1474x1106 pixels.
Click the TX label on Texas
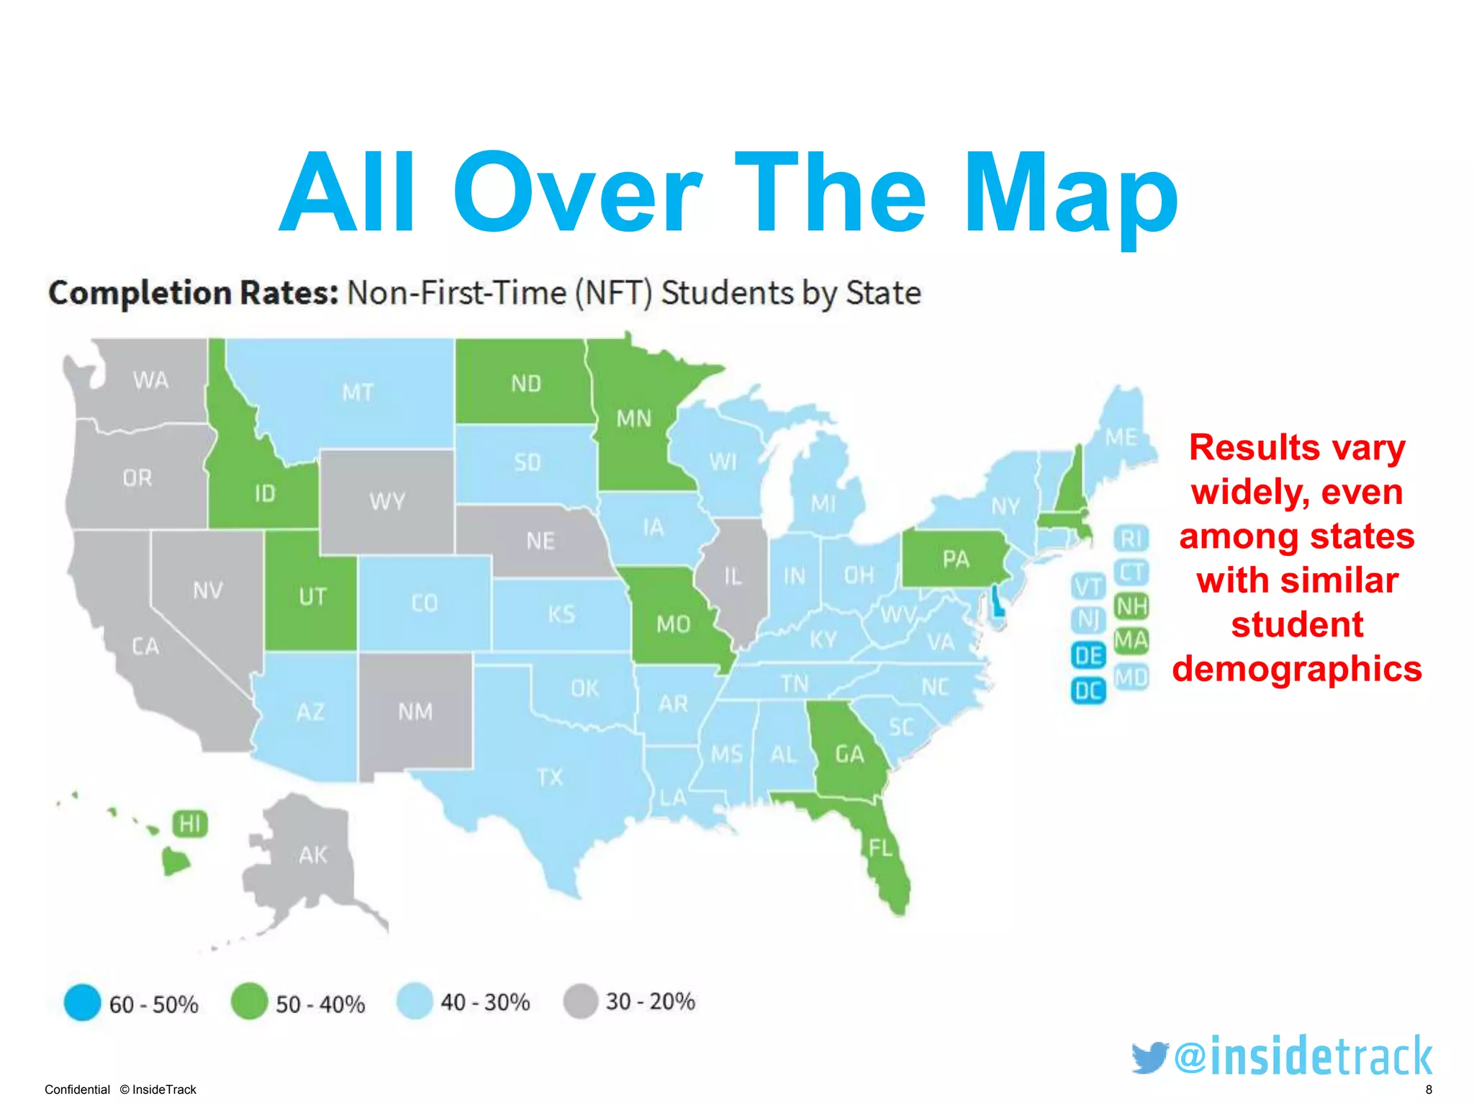click(550, 778)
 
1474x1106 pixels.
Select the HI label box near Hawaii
click(190, 824)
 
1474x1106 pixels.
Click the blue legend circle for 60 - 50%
click(83, 1002)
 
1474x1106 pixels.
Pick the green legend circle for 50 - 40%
click(249, 1002)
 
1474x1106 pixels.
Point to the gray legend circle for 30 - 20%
click(580, 1002)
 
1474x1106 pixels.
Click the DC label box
click(1088, 691)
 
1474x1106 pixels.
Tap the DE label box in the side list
click(1088, 655)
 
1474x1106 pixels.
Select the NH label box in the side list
click(1131, 606)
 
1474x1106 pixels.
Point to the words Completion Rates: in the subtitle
click(193, 293)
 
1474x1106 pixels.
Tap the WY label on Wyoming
click(387, 502)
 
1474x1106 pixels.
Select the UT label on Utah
click(312, 597)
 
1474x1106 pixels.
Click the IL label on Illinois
click(733, 576)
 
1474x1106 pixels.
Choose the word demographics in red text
click(1297, 669)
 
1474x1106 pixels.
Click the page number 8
click(1429, 1089)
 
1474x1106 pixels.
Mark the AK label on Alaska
click(313, 855)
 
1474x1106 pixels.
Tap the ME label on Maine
click(1121, 437)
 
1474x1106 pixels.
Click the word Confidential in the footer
click(77, 1089)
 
